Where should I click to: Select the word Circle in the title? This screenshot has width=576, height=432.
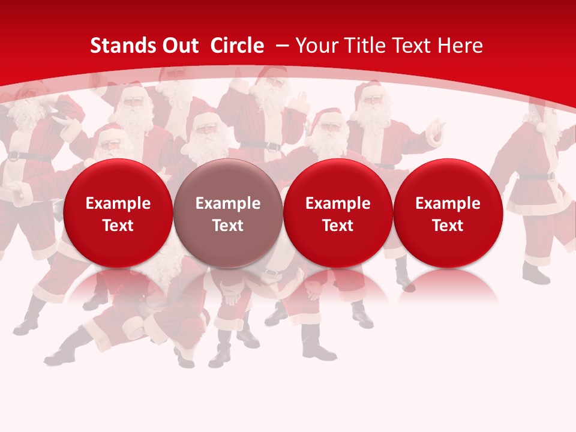click(x=237, y=46)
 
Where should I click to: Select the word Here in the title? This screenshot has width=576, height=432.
click(x=460, y=46)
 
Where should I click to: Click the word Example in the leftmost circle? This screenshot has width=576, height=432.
click(x=118, y=203)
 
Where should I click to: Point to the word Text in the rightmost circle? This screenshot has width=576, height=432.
click(x=448, y=226)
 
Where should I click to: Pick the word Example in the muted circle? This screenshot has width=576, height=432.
click(x=228, y=203)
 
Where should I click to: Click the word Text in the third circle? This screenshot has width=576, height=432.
click(x=338, y=226)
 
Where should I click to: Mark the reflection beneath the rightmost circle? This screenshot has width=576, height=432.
click(x=448, y=285)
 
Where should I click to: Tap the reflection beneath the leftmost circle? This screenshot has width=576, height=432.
click(x=118, y=285)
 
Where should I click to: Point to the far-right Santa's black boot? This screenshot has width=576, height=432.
click(x=536, y=274)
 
